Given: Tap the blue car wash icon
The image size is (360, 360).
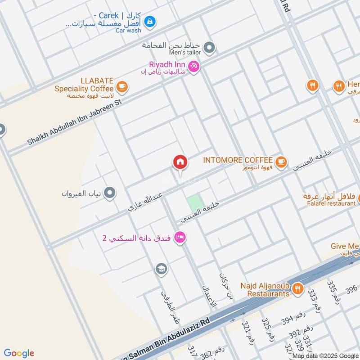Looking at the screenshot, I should (x=151, y=21).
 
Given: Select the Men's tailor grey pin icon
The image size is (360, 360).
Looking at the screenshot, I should (x=209, y=47).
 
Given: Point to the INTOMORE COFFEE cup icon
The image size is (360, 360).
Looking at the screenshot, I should (x=281, y=161).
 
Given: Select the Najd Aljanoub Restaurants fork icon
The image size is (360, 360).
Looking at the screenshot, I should (x=297, y=289).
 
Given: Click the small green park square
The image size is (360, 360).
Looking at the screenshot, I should (x=194, y=203).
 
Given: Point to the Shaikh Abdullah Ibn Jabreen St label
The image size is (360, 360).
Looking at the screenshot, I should (x=74, y=122).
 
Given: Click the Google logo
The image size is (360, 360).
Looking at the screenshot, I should (x=19, y=353).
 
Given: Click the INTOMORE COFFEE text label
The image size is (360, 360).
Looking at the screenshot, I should (x=238, y=160).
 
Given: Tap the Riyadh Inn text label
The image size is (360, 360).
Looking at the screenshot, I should (x=168, y=65).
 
